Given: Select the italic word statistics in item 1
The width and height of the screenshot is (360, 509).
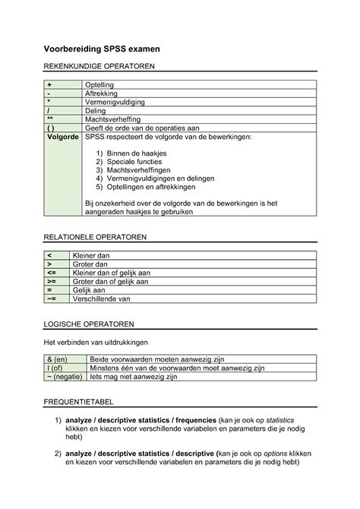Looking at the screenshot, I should pos(274,420).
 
